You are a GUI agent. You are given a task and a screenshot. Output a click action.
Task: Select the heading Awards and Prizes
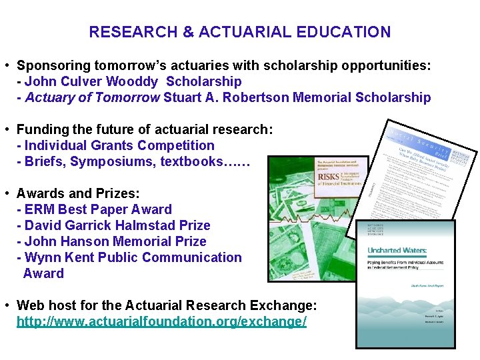pyautogui.click(x=78, y=193)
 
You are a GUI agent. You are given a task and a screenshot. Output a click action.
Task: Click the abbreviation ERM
pyautogui.click(x=40, y=209)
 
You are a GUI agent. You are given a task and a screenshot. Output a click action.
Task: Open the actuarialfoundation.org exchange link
pyautogui.click(x=161, y=321)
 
